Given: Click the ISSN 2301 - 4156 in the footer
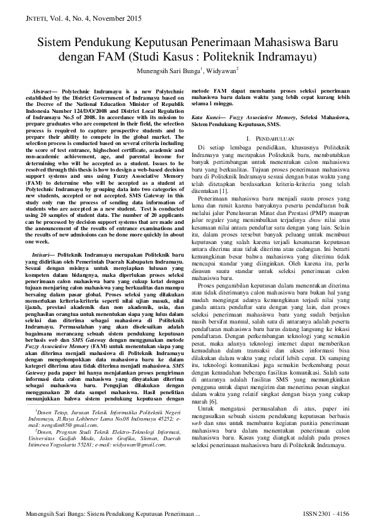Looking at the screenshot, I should click(326, 515).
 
